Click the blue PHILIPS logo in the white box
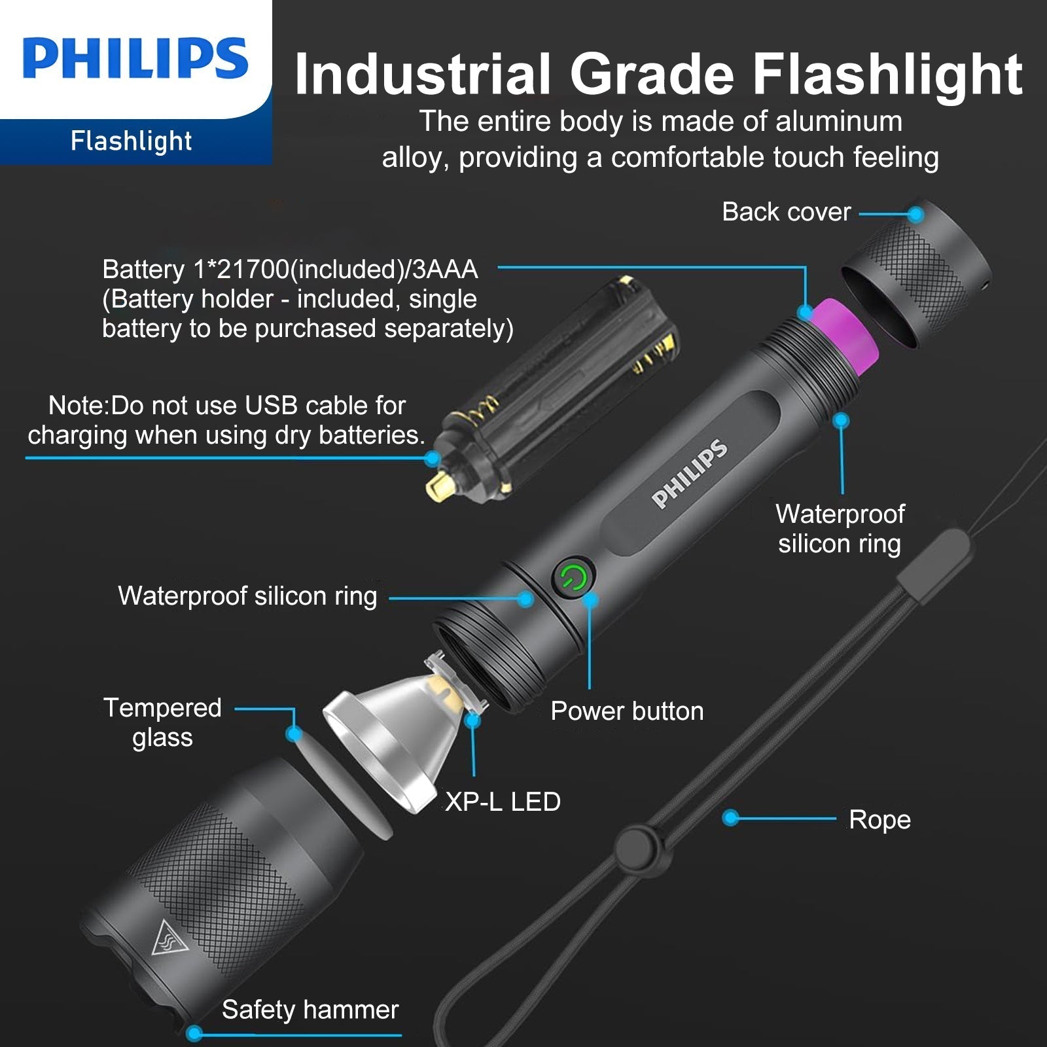pyautogui.click(x=135, y=58)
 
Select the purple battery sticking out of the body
pyautogui.click(x=843, y=334)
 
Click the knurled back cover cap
pyautogui.click(x=916, y=274)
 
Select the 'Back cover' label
pyautogui.click(x=787, y=212)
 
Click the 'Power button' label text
pyautogui.click(x=627, y=711)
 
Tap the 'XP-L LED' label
pyautogui.click(x=503, y=802)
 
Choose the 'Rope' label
pyautogui.click(x=879, y=820)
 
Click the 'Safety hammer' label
pyautogui.click(x=310, y=1010)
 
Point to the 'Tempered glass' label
pyautogui.click(x=162, y=722)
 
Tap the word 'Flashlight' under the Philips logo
pyautogui.click(x=131, y=141)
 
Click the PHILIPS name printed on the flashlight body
pyautogui.click(x=690, y=474)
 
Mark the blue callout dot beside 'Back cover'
pyautogui.click(x=916, y=214)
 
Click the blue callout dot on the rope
pyautogui.click(x=731, y=817)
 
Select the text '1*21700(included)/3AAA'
pyautogui.click(x=336, y=270)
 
